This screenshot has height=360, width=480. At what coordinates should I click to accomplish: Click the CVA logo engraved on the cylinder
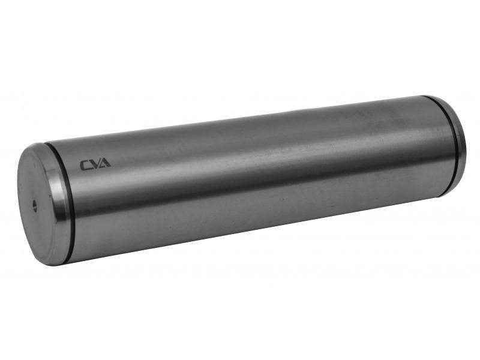(x=95, y=164)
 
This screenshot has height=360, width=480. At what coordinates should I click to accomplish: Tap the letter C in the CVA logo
(x=85, y=166)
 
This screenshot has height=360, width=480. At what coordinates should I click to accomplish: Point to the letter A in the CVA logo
(x=105, y=163)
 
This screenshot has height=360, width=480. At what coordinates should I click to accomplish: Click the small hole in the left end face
(x=35, y=206)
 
